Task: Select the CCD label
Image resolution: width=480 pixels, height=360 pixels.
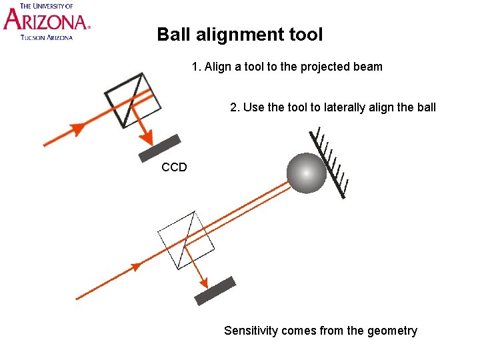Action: (x=174, y=167)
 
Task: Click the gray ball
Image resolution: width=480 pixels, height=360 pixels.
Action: (x=307, y=173)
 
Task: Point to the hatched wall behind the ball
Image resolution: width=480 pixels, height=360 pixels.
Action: (x=331, y=163)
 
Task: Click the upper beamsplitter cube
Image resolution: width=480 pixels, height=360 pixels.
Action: (x=133, y=100)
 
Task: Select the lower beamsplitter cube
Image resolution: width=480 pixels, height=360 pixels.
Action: (x=186, y=239)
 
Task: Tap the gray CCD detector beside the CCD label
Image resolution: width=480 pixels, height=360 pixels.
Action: (x=160, y=148)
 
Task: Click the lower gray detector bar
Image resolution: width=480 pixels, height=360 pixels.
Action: (x=215, y=290)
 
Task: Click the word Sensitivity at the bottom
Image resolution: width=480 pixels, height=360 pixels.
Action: (x=251, y=331)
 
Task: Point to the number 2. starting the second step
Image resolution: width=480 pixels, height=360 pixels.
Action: (x=235, y=107)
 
